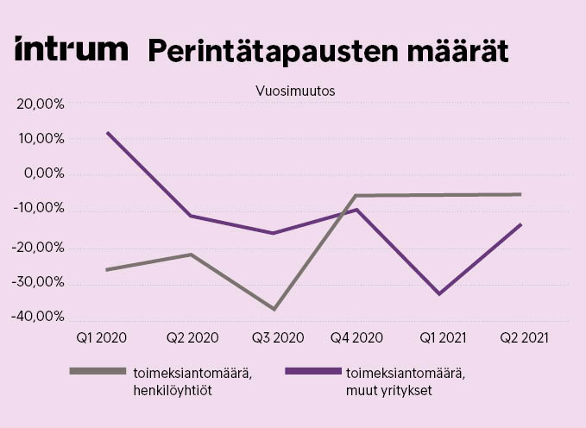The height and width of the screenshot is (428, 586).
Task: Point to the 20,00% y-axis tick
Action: pos(40,104)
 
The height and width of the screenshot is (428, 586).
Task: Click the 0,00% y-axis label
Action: pos(43,175)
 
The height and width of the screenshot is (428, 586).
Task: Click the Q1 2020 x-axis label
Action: pos(101,338)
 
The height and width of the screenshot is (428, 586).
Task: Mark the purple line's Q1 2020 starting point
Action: pos(107,132)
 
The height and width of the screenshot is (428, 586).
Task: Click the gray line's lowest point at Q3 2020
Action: pos(274,309)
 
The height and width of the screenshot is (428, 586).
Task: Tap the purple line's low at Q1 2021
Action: pos(440,294)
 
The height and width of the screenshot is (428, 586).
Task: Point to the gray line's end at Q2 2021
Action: pos(520,194)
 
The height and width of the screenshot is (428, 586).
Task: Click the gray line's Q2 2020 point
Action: pos(191,255)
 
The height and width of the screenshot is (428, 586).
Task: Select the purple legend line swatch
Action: pos(312,371)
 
